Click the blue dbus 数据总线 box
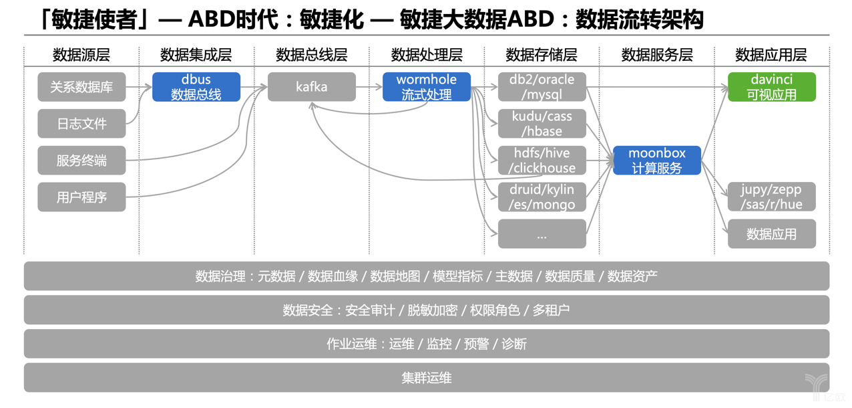[x=196, y=87]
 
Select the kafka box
[x=312, y=87]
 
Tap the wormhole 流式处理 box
[x=427, y=87]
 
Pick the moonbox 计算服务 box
[x=657, y=161]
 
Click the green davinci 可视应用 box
[x=772, y=87]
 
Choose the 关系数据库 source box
[x=81, y=87]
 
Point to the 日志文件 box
[x=81, y=124]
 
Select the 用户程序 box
[x=81, y=197]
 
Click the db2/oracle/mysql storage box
[x=542, y=87]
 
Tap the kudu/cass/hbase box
[x=542, y=124]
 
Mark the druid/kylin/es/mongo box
[x=542, y=197]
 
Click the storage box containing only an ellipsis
[x=542, y=234]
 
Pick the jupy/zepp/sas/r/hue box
[x=772, y=197]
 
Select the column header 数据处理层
[x=427, y=55]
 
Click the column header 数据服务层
[x=657, y=55]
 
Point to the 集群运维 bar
[x=427, y=377]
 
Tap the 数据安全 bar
[x=427, y=310]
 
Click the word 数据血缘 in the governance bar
[x=333, y=276]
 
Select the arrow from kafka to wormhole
[x=369, y=87]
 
